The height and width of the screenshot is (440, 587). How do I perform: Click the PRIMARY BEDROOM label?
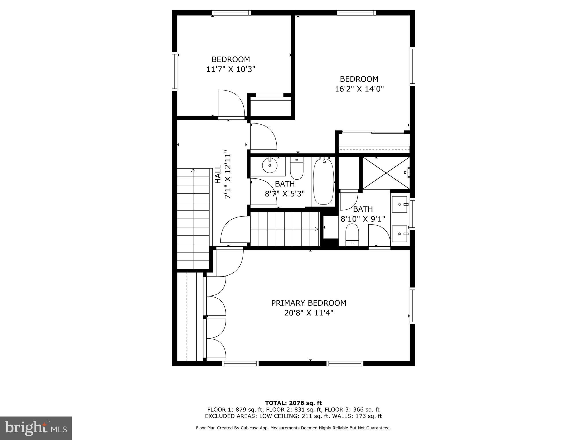click(x=308, y=303)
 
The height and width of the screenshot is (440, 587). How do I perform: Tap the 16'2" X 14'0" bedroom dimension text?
click(x=359, y=89)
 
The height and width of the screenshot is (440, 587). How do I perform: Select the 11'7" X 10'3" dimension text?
click(x=230, y=69)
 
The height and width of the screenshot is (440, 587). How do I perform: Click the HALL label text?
click(x=218, y=174)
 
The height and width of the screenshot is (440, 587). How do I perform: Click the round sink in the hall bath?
click(x=269, y=165)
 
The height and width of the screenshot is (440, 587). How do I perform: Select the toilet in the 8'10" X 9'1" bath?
click(x=352, y=235)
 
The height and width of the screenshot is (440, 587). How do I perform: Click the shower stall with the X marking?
click(x=386, y=173)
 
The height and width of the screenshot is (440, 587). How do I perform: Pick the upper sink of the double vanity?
click(x=399, y=204)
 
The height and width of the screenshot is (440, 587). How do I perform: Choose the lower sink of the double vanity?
click(x=399, y=234)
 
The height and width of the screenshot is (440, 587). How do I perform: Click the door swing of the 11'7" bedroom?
click(x=230, y=104)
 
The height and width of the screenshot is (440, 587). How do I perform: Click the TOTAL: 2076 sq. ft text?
click(x=293, y=403)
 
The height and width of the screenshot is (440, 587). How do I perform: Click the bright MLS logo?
click(x=36, y=428)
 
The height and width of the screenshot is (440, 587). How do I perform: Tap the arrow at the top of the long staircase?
click(x=193, y=171)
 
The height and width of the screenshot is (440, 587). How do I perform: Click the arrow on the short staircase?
click(x=316, y=229)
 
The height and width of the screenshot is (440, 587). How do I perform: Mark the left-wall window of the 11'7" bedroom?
click(x=174, y=71)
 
